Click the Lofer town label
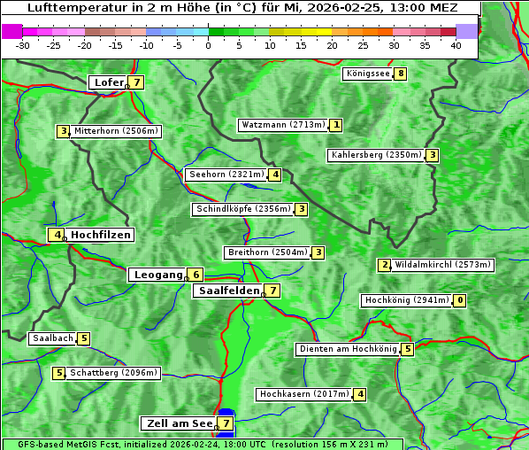coord(108,82)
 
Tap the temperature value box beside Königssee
coord(401,74)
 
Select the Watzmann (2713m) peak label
coord(283,125)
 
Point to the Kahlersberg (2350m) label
coord(376,155)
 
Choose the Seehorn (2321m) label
coord(226,175)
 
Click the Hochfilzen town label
coord(101,235)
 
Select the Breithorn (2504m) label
coord(267,252)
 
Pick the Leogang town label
coord(157,275)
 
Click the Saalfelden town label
coord(228,291)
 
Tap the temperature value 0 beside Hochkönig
coord(459,300)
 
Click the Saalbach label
coord(52,338)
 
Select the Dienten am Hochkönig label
coord(347,349)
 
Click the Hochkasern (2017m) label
coord(303,394)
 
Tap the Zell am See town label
coord(179,423)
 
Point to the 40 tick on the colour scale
coord(456,45)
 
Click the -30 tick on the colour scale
coord(23,45)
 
